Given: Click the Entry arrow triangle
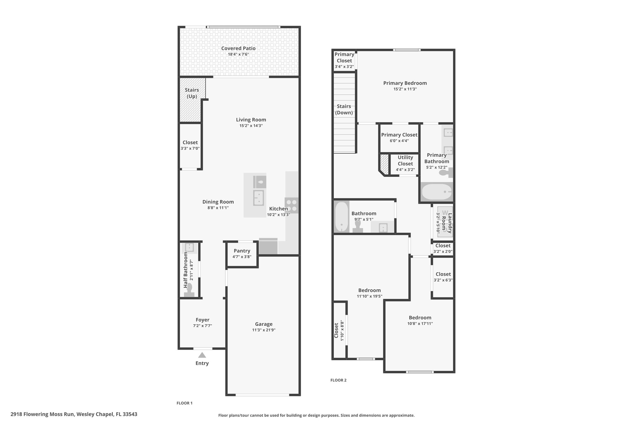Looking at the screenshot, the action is pos(202,355).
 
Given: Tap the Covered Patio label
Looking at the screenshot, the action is pos(238,48).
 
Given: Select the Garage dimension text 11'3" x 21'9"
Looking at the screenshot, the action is pos(264,330).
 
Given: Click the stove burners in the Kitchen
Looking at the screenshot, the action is pos(292,205).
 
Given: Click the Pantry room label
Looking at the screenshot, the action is pos(242,251).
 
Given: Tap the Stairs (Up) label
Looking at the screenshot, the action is pos(192,93).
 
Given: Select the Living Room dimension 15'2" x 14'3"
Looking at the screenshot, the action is pos(251,126).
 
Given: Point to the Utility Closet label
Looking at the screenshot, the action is pos(405,160).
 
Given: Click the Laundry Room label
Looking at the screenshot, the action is pos(447,223).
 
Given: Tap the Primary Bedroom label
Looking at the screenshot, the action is pos(405,83).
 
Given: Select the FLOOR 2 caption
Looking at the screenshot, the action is pos(338,380).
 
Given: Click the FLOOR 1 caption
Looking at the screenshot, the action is pos(185,403).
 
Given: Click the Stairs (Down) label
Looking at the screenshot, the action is pos(344,109).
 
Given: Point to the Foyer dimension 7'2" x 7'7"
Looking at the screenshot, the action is pos(202,326).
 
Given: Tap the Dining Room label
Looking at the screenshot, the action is pos(218,202).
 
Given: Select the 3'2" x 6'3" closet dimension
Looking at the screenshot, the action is pos(443,280).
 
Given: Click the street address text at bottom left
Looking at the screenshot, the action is pos(74,414).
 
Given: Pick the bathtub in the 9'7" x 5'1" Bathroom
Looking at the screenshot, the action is pos(342,216).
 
